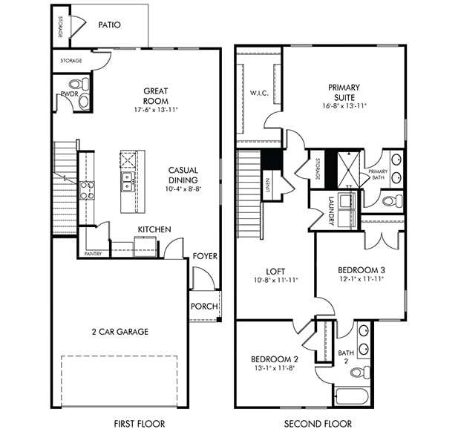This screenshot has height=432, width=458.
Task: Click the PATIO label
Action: (109, 24)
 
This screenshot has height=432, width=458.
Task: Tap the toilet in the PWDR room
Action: (82, 100)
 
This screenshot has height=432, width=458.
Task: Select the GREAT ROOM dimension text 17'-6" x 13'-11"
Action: (157, 110)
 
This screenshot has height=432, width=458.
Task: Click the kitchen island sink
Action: (128, 177)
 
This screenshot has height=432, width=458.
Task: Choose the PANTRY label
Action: (93, 254)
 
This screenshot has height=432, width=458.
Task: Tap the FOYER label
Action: (205, 256)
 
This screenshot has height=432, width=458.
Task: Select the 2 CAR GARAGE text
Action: (119, 332)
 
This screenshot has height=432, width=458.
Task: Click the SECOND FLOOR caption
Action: (317, 424)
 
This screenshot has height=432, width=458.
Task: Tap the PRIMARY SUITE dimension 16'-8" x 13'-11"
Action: (344, 106)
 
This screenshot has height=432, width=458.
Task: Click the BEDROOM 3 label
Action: (361, 269)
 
